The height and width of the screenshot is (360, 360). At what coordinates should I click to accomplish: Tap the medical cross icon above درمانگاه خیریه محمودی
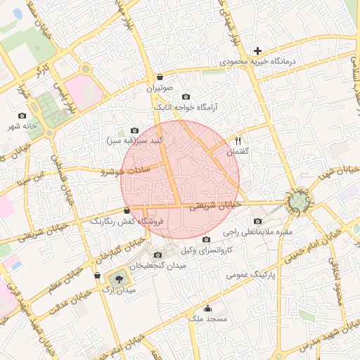258,51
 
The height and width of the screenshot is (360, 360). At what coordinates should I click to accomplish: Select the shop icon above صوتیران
160,77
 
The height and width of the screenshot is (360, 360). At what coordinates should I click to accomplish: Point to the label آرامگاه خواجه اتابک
185,107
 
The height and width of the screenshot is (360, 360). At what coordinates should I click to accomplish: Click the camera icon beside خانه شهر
22,115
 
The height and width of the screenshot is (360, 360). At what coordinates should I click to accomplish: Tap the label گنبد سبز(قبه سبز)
135,140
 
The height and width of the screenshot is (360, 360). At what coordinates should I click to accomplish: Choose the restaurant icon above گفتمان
237,141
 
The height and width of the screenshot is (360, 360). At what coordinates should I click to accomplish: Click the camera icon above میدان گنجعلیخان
157,255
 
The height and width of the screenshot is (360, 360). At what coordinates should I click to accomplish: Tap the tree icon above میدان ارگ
117,279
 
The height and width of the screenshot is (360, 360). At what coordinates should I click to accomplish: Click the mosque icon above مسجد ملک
207,308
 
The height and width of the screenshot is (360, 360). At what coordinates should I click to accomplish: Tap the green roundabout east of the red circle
300,202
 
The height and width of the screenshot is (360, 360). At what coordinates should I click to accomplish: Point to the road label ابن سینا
37,171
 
